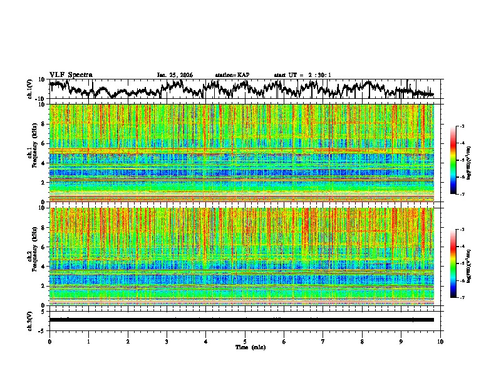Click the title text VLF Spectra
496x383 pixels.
click(71, 74)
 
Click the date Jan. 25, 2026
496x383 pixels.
click(175, 75)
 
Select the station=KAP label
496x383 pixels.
click(232, 75)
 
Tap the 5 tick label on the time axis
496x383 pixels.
click(245, 341)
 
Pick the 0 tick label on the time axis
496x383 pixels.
click(49, 341)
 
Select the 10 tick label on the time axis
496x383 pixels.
click(440, 341)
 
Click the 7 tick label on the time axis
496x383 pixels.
click(323, 341)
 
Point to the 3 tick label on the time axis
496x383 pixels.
click(167, 341)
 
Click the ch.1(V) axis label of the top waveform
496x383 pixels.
click(29, 89)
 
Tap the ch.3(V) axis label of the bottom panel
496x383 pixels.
click(29, 319)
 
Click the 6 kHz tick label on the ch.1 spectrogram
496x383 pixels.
click(43, 143)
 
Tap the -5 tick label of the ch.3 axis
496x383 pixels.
click(42, 329)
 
